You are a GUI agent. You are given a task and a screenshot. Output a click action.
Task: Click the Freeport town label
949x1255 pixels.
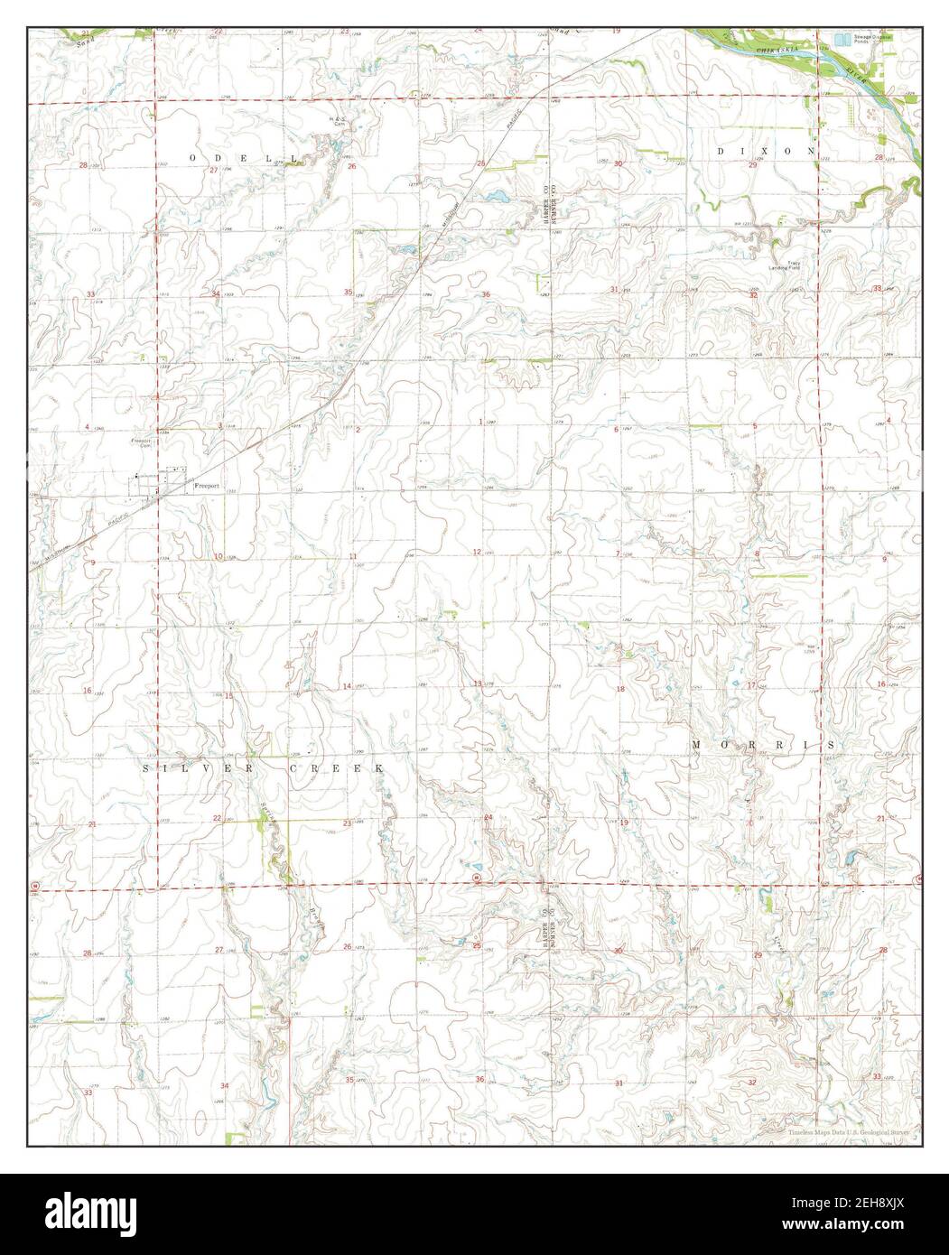pos(207,487)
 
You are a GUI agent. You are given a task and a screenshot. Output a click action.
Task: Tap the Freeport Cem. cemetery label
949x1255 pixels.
pos(140,443)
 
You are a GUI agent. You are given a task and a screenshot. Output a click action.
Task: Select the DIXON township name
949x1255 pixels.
pos(766,151)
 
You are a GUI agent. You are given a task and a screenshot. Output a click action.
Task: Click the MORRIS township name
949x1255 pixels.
pos(763,744)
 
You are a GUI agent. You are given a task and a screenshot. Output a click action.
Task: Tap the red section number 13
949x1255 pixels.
pos(479,683)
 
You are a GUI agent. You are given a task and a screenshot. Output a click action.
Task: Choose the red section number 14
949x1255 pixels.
pos(346,687)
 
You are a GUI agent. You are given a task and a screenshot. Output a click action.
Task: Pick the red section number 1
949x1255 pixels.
pos(480,422)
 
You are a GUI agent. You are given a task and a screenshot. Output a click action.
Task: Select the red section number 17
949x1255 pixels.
pos(751,685)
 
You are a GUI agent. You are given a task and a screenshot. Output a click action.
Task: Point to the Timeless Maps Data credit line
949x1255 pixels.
pos(847,1132)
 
